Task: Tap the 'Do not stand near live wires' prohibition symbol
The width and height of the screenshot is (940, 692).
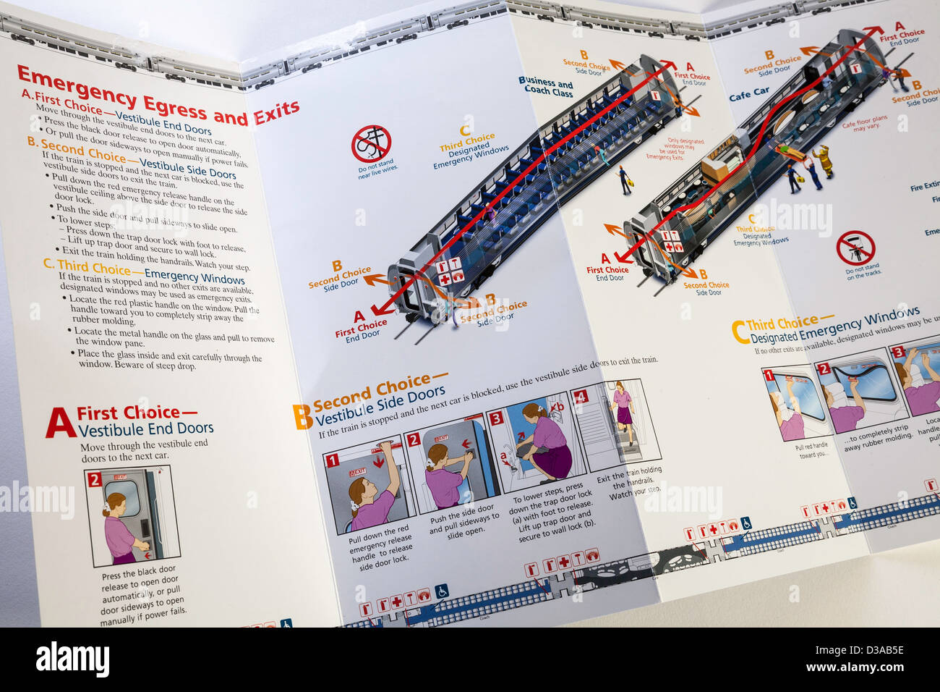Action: click(371, 144)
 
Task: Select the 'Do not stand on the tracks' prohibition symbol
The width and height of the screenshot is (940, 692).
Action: click(855, 248)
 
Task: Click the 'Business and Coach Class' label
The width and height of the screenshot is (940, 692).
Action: click(546, 87)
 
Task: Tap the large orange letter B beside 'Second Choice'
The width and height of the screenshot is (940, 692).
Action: click(302, 417)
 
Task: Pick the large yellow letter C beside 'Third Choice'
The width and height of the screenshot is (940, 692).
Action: click(738, 332)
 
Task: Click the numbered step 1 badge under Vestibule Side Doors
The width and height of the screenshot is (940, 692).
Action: click(332, 460)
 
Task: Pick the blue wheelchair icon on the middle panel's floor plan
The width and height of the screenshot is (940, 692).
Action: click(442, 591)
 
